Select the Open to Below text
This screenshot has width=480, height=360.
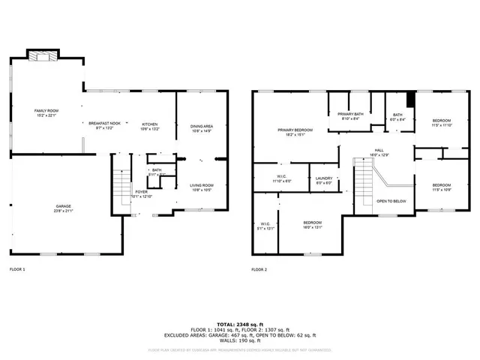point(391,201)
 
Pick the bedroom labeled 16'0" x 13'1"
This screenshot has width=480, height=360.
point(312,224)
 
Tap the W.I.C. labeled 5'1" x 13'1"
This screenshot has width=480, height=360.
point(266,225)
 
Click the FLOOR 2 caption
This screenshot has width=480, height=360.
point(259,268)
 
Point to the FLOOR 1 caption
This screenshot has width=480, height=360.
point(17,268)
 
